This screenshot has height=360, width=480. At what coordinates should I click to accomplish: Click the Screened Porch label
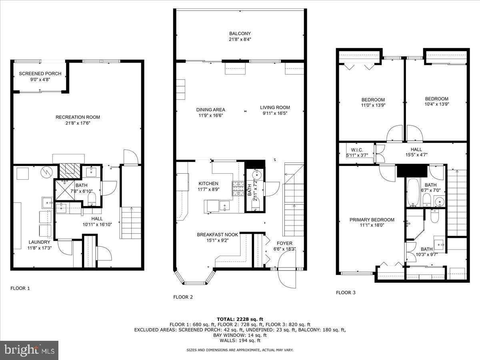[40, 74]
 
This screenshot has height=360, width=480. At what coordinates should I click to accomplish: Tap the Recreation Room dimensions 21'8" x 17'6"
[78, 123]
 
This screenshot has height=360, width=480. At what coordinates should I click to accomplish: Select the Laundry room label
[39, 242]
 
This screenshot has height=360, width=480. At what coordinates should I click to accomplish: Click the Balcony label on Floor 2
[240, 34]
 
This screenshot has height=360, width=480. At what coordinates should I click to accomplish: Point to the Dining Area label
[210, 110]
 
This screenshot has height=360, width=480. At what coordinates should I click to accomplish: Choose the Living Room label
[275, 107]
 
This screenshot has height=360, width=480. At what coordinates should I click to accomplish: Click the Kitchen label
[208, 184]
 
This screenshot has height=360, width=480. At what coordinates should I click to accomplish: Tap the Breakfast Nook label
[217, 235]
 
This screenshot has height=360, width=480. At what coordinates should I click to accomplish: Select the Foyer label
[284, 243]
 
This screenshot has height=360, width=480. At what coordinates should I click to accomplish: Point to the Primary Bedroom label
[372, 220]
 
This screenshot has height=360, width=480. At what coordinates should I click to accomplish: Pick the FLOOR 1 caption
[20, 288]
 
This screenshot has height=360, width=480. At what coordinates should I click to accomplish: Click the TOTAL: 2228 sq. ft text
[240, 319]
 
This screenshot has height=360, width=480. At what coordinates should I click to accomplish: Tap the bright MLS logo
[29, 350]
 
